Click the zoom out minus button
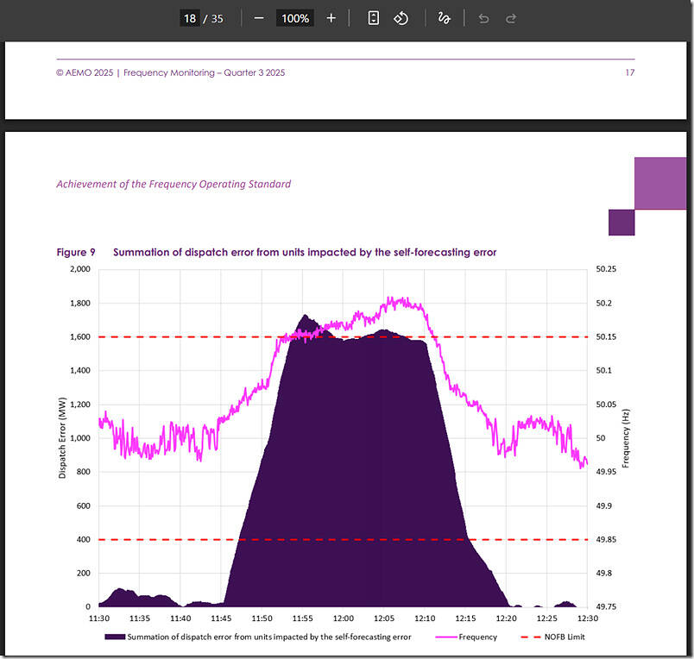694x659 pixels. [x=259, y=18]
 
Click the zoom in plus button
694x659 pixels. [x=331, y=18]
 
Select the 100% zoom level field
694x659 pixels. [x=294, y=18]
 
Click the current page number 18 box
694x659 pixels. [x=190, y=18]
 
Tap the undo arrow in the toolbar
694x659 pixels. [x=483, y=18]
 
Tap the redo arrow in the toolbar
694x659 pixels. [x=510, y=18]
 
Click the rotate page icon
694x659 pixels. [x=401, y=18]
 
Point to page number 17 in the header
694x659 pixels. [x=629, y=72]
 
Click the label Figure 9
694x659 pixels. [x=76, y=252]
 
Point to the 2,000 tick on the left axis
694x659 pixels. [x=79, y=269]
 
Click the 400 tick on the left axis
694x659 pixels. [x=83, y=539]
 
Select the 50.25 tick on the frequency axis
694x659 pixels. [x=607, y=269]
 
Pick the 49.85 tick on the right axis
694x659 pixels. [x=607, y=539]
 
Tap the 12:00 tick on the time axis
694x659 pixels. [x=344, y=618]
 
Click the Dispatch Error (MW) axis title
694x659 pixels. [x=62, y=437]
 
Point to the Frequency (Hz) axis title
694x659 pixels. [x=627, y=437]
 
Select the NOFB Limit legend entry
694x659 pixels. [x=569, y=637]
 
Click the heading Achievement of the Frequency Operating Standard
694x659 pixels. [x=173, y=184]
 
